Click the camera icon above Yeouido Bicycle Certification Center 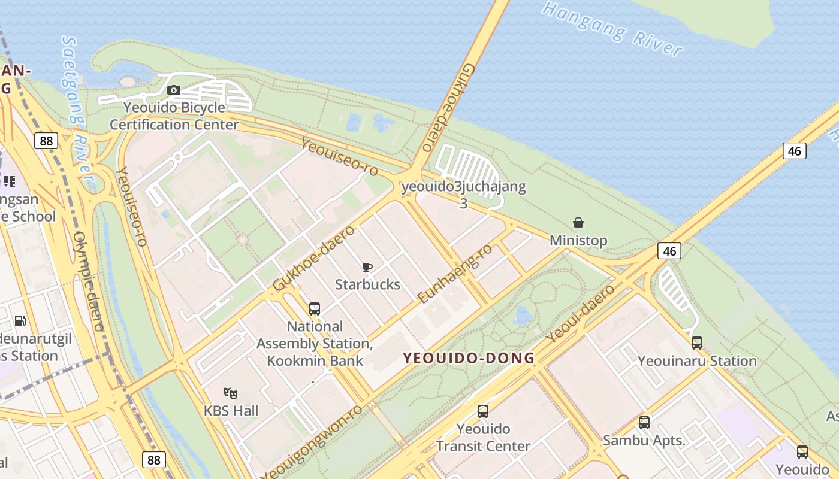174,90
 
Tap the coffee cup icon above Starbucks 367,267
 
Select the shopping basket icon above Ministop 578,223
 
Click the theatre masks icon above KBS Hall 231,393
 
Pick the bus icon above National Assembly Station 315,309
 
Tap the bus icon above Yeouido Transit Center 483,411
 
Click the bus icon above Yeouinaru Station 697,343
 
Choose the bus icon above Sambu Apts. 644,423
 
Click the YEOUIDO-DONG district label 469,358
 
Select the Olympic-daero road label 88,281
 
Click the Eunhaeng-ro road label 455,273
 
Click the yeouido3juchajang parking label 464,187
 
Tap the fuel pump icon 20,321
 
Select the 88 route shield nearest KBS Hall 154,459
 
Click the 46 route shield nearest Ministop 669,251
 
